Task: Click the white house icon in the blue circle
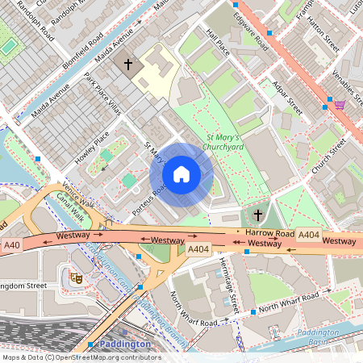tap(181, 174)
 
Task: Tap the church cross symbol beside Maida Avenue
tap(127, 63)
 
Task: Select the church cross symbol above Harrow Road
tap(258, 215)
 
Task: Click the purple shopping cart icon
tap(340, 104)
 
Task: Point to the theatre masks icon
tap(77, 277)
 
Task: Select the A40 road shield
tap(11, 245)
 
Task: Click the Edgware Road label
tap(250, 27)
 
